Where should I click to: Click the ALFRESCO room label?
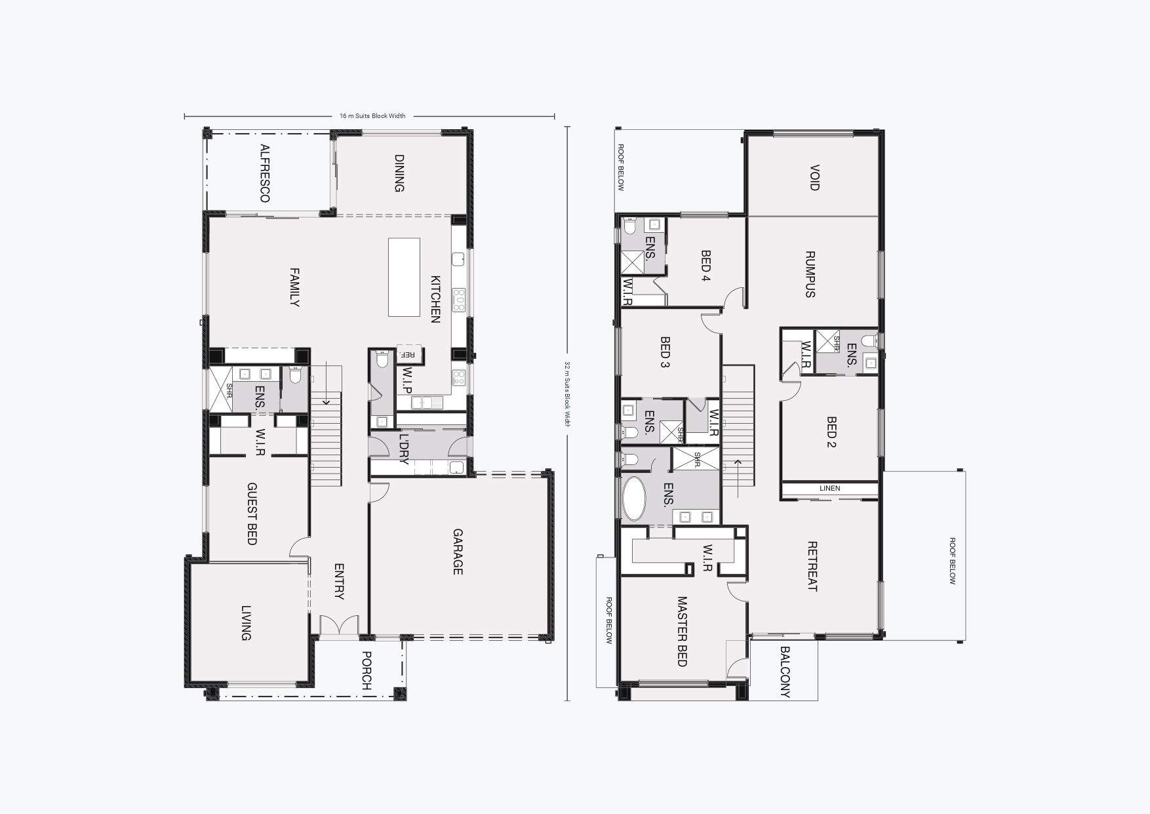[x=265, y=173]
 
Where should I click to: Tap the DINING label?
[x=399, y=173]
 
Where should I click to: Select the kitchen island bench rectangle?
[x=404, y=277]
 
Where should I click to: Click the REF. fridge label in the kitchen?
[x=408, y=355]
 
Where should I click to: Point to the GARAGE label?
[x=458, y=552]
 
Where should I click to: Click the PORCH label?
[x=367, y=670]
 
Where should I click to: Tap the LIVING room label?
[x=246, y=623]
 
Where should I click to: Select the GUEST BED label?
[x=252, y=514]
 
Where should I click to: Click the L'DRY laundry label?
[x=403, y=449]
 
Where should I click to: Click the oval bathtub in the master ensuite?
[x=634, y=499]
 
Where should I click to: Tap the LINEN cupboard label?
[x=829, y=488]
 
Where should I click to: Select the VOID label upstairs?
[x=814, y=178]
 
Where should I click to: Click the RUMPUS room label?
[x=810, y=274]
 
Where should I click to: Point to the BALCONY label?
[x=785, y=672]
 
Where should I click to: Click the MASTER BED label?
[x=682, y=631]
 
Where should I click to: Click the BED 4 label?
[x=706, y=266]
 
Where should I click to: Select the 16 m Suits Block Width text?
[x=372, y=116]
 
